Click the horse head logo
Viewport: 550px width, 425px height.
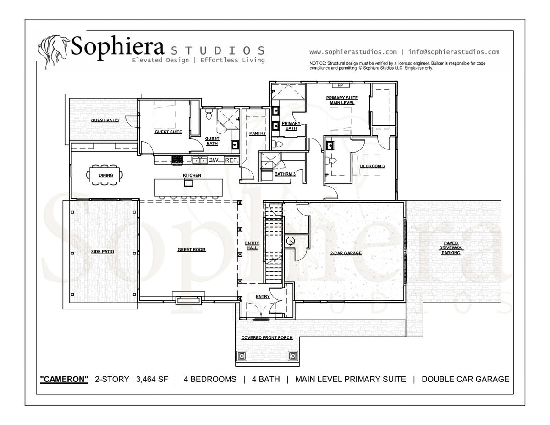(54, 52)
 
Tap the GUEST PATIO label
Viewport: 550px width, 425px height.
(105, 120)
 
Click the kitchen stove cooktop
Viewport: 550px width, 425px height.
(177, 160)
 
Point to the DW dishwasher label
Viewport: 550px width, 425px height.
(214, 160)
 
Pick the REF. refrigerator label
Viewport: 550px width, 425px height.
(231, 160)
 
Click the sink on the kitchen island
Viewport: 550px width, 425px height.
(188, 182)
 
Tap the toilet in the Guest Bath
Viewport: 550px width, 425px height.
(209, 115)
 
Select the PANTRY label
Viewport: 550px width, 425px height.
(258, 133)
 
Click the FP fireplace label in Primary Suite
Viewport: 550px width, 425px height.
(340, 86)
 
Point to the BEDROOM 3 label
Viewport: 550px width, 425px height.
(372, 166)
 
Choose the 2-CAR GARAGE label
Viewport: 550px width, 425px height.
(346, 253)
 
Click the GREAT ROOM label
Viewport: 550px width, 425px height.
(191, 250)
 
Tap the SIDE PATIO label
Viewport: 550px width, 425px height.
(103, 252)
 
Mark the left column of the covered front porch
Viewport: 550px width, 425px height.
(242, 356)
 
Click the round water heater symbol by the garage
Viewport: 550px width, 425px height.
(291, 241)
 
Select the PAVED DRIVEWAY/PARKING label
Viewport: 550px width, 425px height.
(451, 248)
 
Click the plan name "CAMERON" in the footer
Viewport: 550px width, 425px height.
(64, 379)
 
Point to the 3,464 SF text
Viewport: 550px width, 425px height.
(152, 379)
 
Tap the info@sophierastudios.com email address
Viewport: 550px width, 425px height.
(454, 52)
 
